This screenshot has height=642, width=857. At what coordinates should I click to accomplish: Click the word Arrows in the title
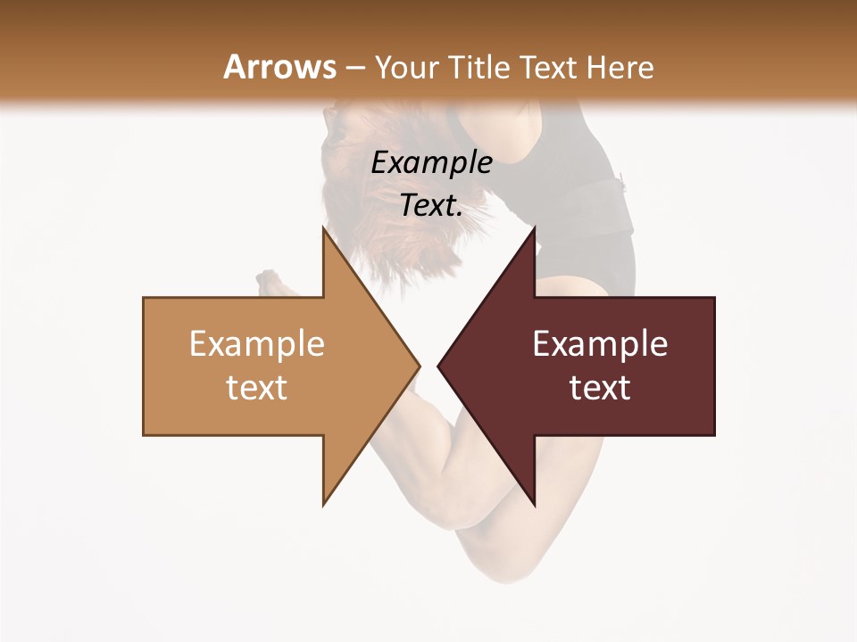click(x=279, y=67)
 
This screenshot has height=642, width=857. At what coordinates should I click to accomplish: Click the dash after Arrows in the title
click(x=354, y=68)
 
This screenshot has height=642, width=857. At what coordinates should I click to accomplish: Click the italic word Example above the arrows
click(x=431, y=163)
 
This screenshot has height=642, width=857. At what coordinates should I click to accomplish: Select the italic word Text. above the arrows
click(x=431, y=206)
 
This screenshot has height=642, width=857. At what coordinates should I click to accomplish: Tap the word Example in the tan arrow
click(x=257, y=344)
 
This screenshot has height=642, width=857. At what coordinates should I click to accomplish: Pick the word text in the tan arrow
click(x=257, y=388)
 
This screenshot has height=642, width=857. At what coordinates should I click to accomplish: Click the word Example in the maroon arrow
click(x=600, y=344)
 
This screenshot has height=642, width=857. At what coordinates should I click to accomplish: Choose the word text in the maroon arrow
click(x=600, y=388)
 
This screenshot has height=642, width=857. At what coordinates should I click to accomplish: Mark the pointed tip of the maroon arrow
click(x=439, y=366)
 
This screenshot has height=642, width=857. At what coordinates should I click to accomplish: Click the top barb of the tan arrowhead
click(x=325, y=234)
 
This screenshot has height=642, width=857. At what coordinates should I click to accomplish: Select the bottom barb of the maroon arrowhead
click(x=533, y=499)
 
